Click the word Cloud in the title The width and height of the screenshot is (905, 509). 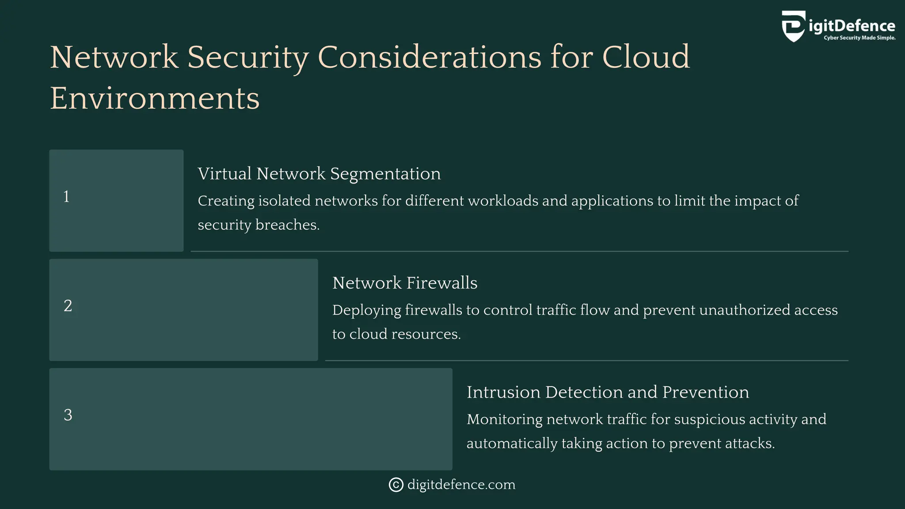[646, 57]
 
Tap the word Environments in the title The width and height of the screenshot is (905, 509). [155, 98]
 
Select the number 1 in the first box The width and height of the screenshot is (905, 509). [66, 197]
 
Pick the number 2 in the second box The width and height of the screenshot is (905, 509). [68, 306]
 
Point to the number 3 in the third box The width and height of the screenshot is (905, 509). [68, 415]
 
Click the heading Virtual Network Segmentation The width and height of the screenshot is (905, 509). [319, 174]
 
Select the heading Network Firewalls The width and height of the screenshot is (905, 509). [405, 283]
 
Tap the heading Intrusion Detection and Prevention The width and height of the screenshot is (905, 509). [608, 392]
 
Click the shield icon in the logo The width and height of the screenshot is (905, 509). [793, 26]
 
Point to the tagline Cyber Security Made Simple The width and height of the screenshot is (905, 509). [859, 38]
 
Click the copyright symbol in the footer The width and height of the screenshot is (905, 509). [396, 485]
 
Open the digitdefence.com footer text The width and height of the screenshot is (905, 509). [461, 485]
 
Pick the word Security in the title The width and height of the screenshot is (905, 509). [247, 57]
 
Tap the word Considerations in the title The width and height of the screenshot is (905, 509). [429, 57]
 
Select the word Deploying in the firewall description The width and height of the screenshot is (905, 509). [366, 310]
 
